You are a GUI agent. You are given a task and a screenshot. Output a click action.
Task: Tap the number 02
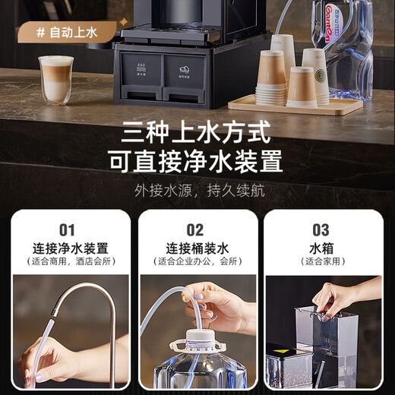195,229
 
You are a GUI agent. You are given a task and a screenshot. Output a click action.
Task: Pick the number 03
321,229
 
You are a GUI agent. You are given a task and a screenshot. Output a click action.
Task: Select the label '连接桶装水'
196,248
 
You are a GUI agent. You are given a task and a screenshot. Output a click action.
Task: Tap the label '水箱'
321,248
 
